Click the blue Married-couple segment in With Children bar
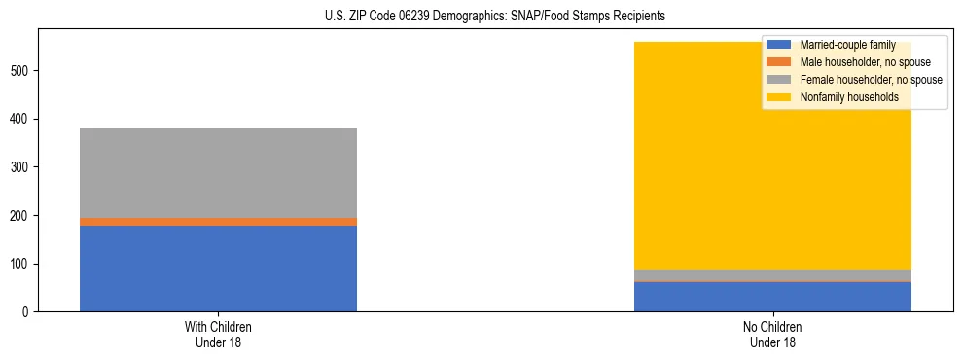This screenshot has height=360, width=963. [x=218, y=269]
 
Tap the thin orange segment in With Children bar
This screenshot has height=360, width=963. [x=218, y=222]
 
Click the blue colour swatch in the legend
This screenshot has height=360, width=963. [x=779, y=45]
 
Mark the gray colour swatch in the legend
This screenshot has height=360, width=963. [x=779, y=80]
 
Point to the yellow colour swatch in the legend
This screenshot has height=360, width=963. [x=779, y=97]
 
